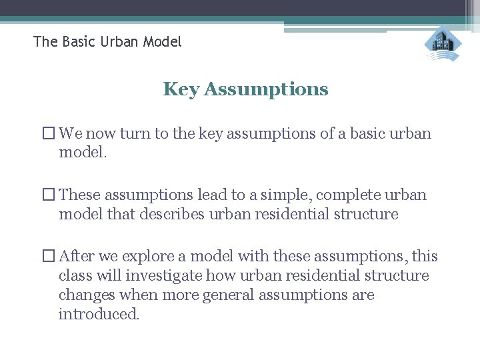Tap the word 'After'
pos(77,257)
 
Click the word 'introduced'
pos(99,313)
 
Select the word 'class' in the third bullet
pos(75,276)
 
